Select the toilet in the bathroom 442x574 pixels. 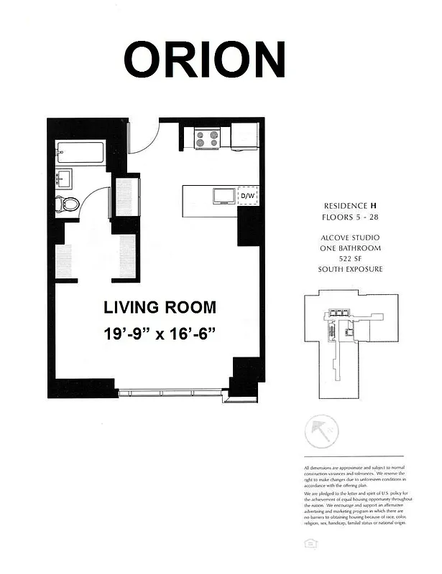pos(68,203)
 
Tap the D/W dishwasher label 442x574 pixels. pos(247,196)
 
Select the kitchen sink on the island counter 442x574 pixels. pos(222,195)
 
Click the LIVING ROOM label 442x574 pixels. pos(160,308)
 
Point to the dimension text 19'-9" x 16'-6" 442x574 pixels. pos(160,334)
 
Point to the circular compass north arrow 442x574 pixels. pos(316,433)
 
